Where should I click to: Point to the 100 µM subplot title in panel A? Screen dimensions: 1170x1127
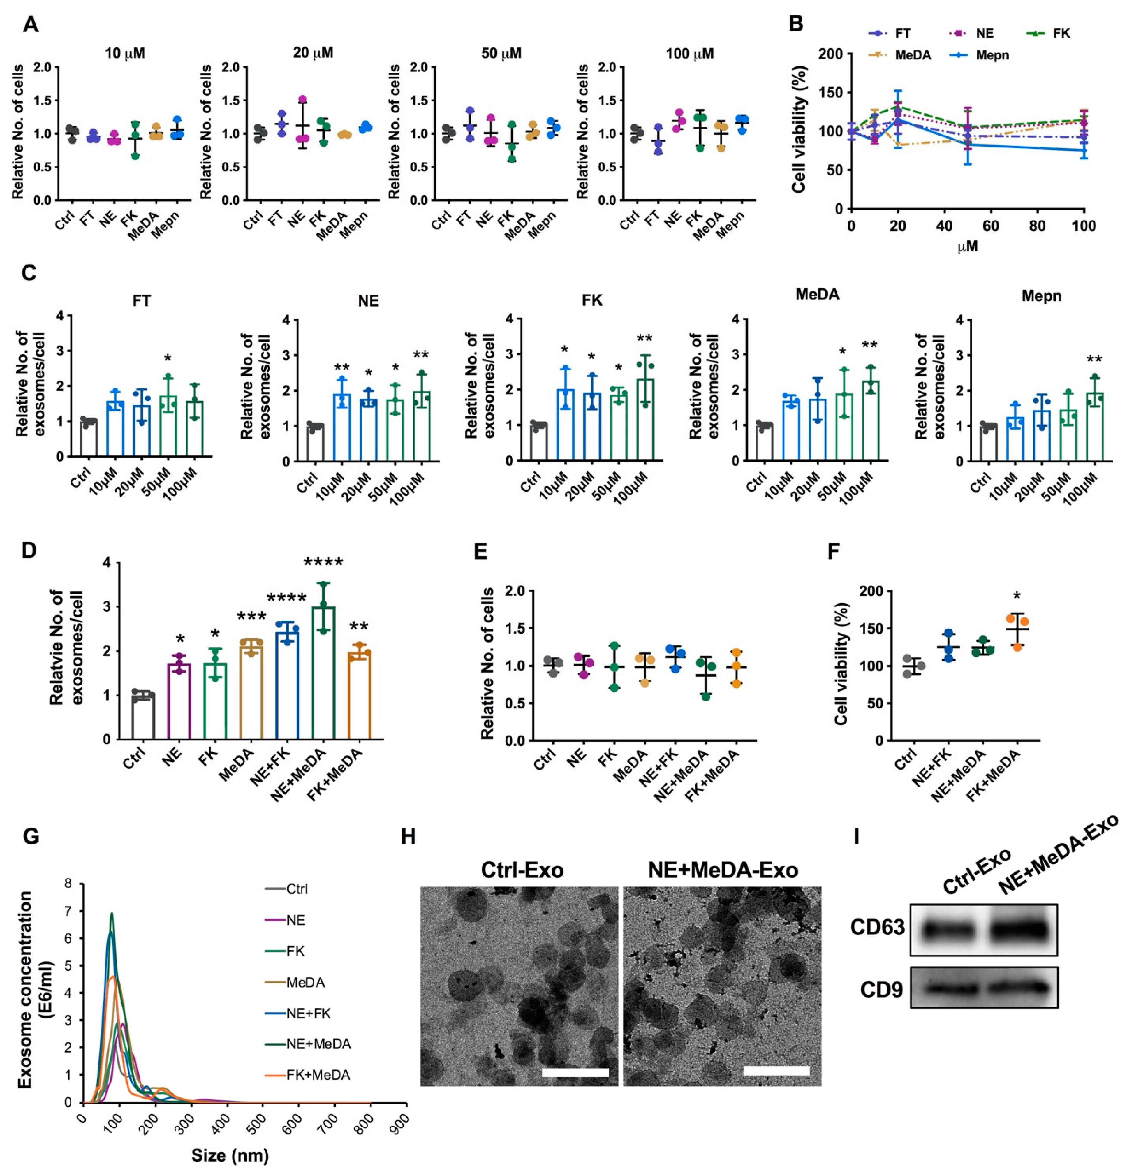coord(690,54)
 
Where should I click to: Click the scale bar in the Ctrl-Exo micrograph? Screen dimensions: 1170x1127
coord(575,1073)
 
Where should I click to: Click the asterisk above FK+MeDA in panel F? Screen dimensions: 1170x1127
coord(1017,596)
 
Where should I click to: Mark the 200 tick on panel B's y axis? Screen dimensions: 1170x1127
coord(831,54)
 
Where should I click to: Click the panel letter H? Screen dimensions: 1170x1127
coord(408,837)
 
